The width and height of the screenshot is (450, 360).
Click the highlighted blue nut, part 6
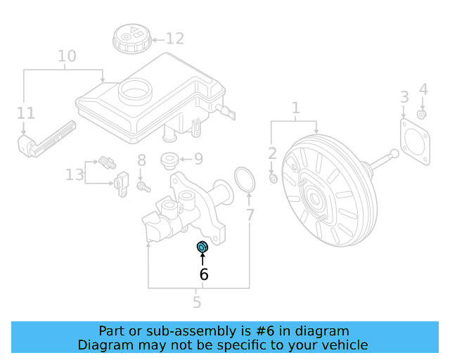click(202, 247)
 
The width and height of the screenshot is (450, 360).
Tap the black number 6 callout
click(204, 274)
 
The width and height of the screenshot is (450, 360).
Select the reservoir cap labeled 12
click(132, 39)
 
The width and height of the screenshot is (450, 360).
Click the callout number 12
click(175, 39)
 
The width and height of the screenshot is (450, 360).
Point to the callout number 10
click(67, 56)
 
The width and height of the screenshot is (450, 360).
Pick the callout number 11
click(26, 113)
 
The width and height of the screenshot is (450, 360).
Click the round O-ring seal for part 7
click(245, 180)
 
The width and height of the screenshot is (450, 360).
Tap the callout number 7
click(250, 215)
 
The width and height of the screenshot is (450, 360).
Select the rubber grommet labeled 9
click(169, 160)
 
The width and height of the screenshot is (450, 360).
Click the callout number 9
click(198, 159)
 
